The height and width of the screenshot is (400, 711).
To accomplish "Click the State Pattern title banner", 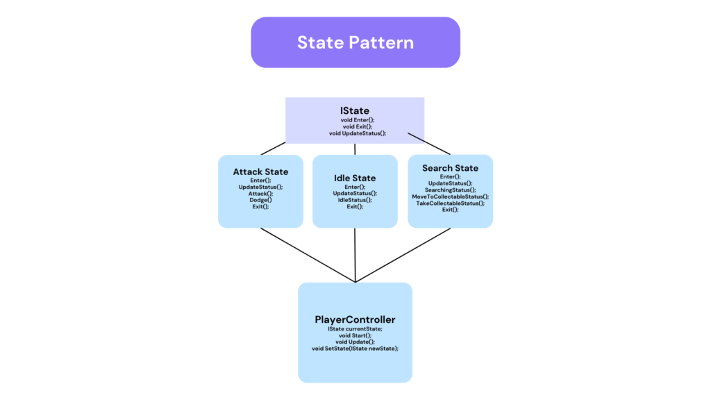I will click(355, 42).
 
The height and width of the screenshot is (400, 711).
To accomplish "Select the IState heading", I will click(355, 110).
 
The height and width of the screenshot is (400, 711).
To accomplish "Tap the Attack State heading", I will click(260, 172).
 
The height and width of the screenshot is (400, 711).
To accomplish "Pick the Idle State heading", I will click(355, 178).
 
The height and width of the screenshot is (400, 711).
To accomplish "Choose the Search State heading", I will click(450, 168).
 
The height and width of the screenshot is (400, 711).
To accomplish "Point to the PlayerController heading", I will click(355, 319).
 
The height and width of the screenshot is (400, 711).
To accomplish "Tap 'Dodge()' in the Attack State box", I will click(260, 200).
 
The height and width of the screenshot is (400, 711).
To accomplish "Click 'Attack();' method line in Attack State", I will click(260, 193).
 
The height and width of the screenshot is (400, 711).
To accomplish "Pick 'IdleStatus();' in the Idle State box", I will click(355, 200).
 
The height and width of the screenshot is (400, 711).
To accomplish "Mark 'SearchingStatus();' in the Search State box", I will click(450, 190).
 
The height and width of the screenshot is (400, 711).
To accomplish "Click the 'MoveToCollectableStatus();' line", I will click(450, 197).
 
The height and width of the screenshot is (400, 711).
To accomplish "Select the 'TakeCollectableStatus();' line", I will click(450, 203).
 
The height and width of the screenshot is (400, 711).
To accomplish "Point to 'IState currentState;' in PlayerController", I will click(355, 328).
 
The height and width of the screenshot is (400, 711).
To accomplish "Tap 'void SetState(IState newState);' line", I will click(355, 349).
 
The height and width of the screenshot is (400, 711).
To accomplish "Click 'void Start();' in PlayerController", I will click(355, 335).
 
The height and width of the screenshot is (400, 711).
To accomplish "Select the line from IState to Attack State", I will click(273, 149).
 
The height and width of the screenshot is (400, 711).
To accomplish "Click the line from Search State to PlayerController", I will click(403, 255).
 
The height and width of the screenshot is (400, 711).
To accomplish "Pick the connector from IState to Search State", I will click(428, 144).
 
